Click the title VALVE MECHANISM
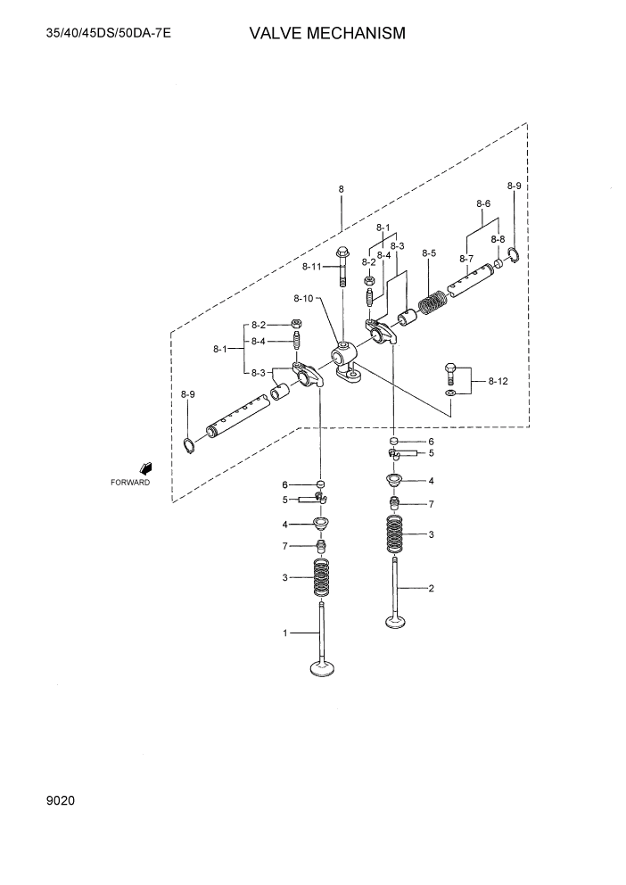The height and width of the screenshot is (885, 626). click(327, 34)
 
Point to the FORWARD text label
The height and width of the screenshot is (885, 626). click(130, 482)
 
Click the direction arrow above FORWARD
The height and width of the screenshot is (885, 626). click(144, 467)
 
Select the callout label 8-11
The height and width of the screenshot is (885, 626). click(311, 267)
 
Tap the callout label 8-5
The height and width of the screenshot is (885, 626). click(429, 253)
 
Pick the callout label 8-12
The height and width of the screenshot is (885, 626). click(498, 381)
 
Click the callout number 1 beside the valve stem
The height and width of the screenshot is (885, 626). click(285, 633)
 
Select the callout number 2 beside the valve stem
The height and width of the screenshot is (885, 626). click(431, 588)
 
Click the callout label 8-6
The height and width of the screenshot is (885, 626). click(483, 203)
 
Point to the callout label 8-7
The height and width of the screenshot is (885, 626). click(466, 259)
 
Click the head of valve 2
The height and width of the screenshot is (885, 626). click(394, 621)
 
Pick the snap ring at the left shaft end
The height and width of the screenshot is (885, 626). click(188, 445)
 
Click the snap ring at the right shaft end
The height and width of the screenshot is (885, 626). click(514, 259)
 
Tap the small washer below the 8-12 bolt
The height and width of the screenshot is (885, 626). click(451, 392)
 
